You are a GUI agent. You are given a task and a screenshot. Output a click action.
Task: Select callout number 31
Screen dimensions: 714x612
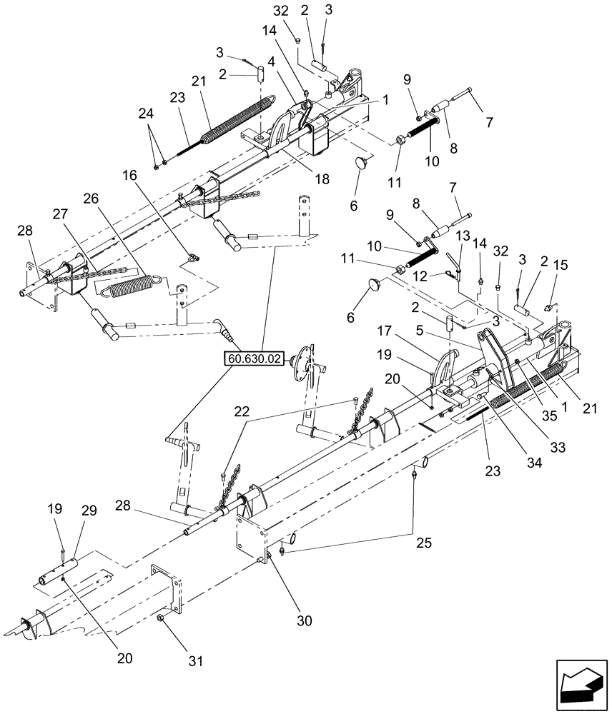click(194, 661)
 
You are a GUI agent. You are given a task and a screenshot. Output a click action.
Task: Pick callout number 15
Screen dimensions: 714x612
click(562, 265)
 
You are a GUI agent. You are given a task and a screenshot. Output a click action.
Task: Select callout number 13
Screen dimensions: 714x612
click(462, 235)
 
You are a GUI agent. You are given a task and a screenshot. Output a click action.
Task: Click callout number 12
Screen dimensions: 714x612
click(422, 275)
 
